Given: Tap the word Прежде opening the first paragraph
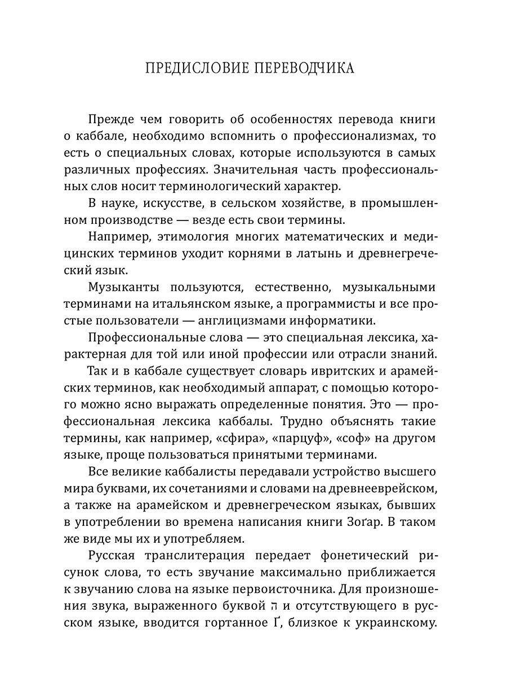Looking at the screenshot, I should pos(110,120).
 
